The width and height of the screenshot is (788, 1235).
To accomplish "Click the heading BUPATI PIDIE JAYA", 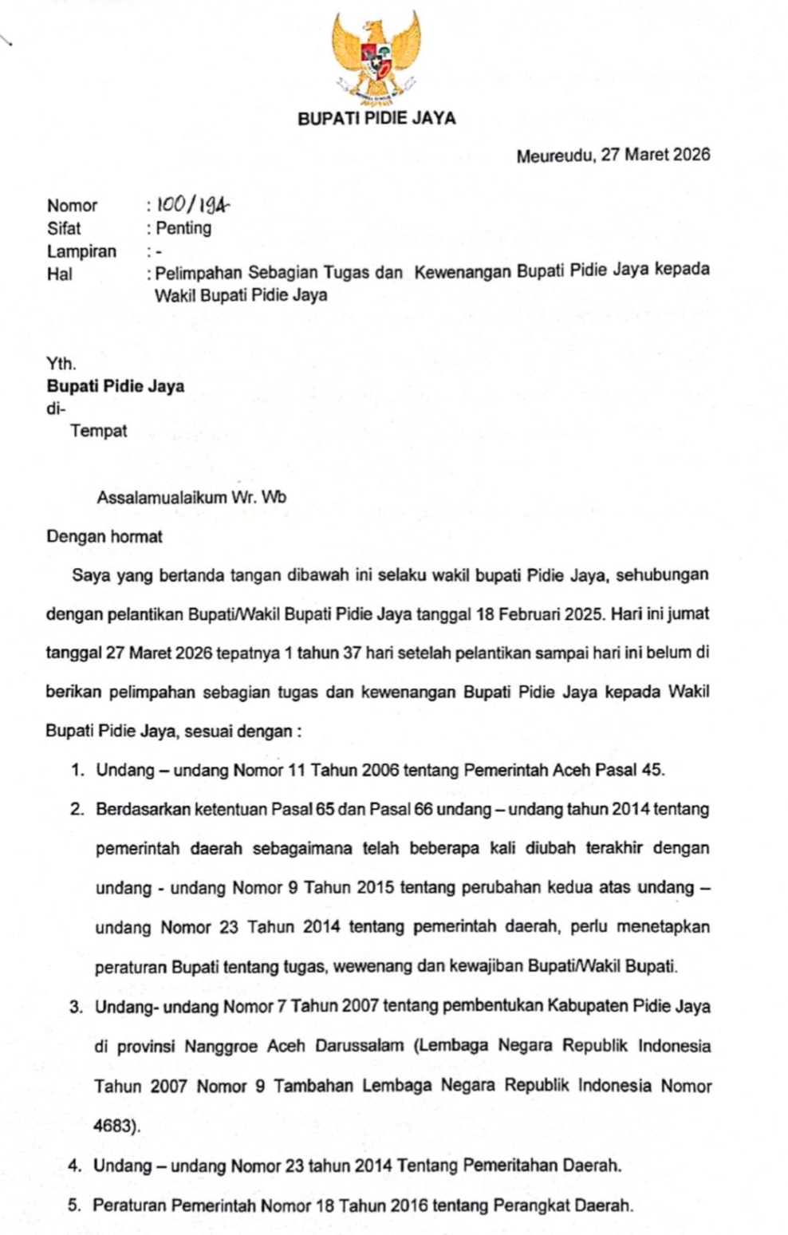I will pyautogui.click(x=376, y=119).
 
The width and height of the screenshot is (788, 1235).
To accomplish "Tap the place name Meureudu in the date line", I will pyautogui.click(x=555, y=155).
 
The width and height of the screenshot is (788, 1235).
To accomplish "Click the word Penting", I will pyautogui.click(x=184, y=228).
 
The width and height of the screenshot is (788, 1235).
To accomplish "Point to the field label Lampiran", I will pyautogui.click(x=81, y=251).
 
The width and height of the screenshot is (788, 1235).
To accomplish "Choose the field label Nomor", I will pyautogui.click(x=72, y=206).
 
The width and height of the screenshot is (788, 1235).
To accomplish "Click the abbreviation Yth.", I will pyautogui.click(x=61, y=365).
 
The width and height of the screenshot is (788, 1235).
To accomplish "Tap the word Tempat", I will pyautogui.click(x=99, y=432).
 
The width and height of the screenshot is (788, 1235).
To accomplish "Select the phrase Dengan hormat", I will pyautogui.click(x=104, y=537).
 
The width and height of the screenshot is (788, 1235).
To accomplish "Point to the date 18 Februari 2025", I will pyautogui.click(x=539, y=615).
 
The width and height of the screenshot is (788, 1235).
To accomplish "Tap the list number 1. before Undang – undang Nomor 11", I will pyautogui.click(x=77, y=771).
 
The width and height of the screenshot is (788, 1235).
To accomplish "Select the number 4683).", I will pyautogui.click(x=117, y=1126).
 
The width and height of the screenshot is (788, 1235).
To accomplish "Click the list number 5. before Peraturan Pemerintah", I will pyautogui.click(x=76, y=1205).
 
